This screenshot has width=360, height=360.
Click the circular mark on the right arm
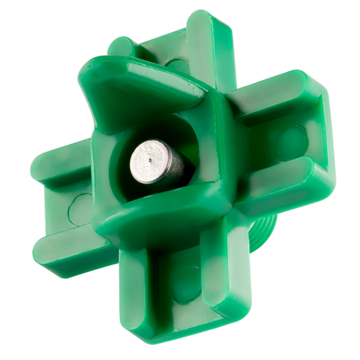click(291, 142)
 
